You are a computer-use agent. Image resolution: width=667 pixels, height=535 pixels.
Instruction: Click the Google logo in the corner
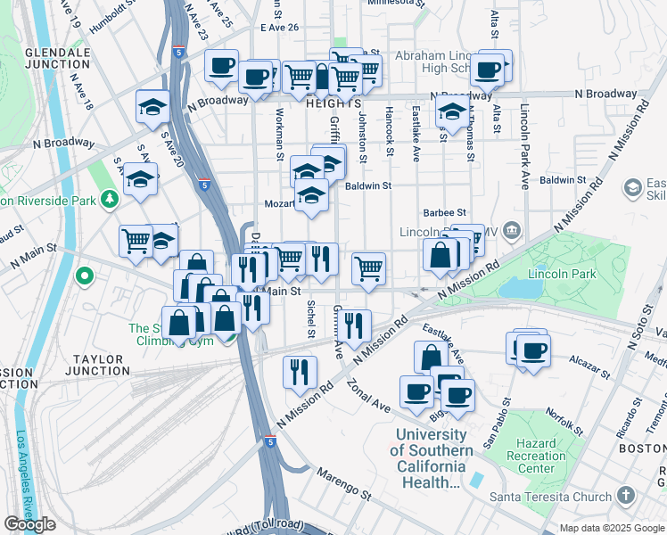(x=29, y=524)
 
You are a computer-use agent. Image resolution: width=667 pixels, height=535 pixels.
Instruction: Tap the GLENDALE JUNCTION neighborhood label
(x=58, y=59)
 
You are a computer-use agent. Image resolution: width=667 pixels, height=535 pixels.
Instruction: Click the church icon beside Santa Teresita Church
(x=626, y=496)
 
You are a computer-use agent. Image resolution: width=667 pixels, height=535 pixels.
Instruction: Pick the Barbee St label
(x=445, y=212)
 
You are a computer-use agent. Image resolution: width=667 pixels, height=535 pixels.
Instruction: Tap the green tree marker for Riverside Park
(x=109, y=197)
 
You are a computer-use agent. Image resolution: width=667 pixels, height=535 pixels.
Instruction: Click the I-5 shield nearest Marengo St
(x=269, y=441)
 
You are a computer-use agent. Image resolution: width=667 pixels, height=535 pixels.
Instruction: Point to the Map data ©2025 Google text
(x=612, y=528)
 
